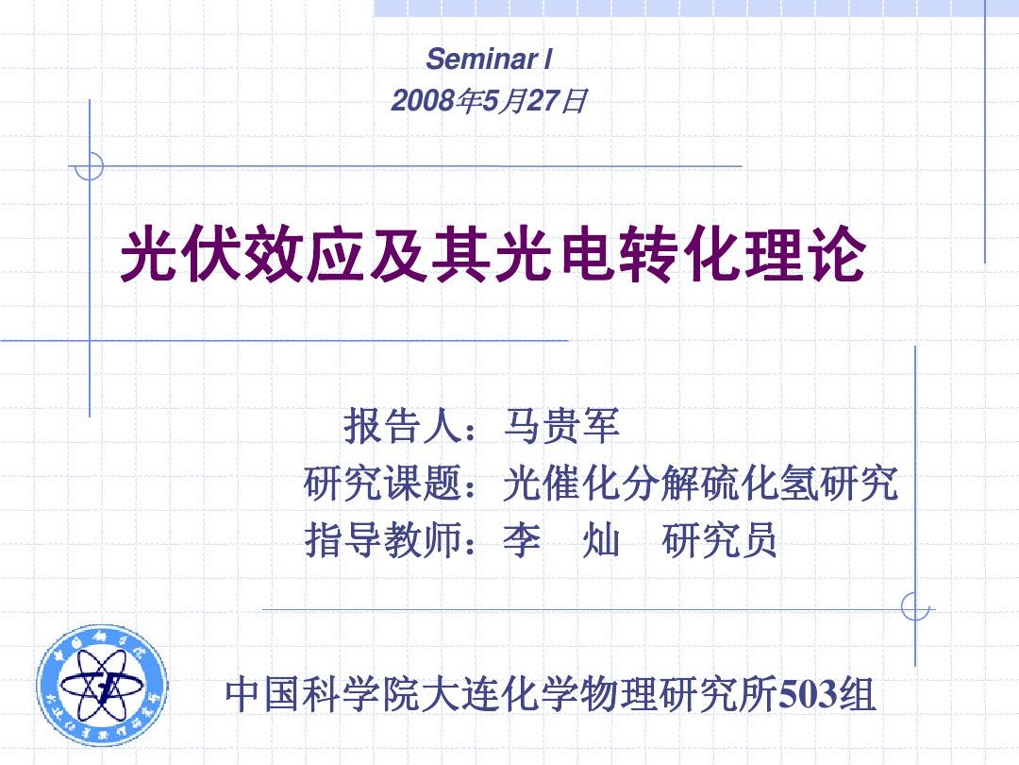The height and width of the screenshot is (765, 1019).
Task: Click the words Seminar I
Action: (x=489, y=59)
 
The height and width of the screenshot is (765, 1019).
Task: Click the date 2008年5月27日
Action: (x=489, y=101)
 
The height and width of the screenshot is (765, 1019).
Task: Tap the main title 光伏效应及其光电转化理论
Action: (x=493, y=254)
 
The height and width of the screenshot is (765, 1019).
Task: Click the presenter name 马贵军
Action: (x=561, y=426)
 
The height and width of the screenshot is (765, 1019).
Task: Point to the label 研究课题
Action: (x=383, y=483)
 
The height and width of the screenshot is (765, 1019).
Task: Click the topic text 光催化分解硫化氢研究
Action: (x=700, y=483)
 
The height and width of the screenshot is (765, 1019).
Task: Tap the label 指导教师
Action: (x=383, y=539)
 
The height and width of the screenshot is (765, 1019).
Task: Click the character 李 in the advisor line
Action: (x=522, y=539)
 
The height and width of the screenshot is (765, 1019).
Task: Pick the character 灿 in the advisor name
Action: (x=601, y=539)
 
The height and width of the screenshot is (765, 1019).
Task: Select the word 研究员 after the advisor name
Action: (x=719, y=539)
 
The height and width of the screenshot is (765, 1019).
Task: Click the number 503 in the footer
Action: (x=808, y=694)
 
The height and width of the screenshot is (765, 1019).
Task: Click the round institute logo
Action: (x=102, y=685)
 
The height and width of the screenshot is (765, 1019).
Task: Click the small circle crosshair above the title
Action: (x=89, y=166)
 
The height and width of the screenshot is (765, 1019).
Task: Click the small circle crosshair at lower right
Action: (x=915, y=607)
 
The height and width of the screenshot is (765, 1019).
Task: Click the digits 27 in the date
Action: (x=543, y=101)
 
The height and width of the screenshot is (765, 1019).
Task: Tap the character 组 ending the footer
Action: (x=857, y=694)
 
